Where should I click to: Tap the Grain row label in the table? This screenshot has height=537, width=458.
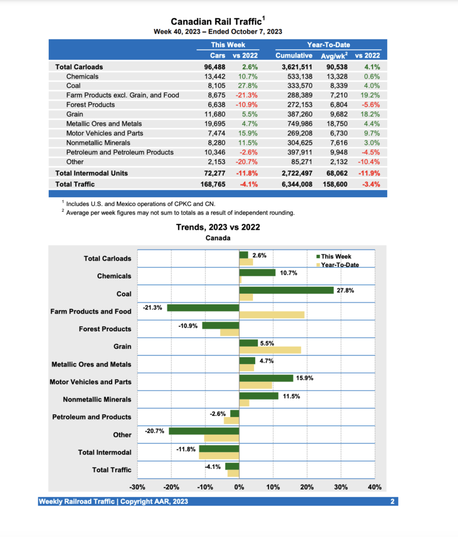[x=74, y=114]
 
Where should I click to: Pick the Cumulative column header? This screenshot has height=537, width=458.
[x=293, y=56]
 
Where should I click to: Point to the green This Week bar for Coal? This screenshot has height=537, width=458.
[x=286, y=290]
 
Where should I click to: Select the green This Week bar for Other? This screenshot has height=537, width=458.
[x=204, y=431]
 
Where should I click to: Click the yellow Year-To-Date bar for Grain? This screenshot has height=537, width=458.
[x=270, y=350]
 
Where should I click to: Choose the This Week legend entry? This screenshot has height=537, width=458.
[x=336, y=256]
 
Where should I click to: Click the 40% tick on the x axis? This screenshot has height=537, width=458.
[x=375, y=487]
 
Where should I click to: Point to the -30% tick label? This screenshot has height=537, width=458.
[x=137, y=487]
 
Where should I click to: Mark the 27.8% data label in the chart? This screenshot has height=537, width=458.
[x=345, y=291]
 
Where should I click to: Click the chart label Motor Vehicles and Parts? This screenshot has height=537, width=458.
[x=90, y=382]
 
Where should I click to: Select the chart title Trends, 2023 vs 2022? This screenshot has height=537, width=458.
[x=217, y=227]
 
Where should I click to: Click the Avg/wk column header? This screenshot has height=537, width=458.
[x=335, y=56]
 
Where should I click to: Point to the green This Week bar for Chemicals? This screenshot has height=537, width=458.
[x=257, y=273]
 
